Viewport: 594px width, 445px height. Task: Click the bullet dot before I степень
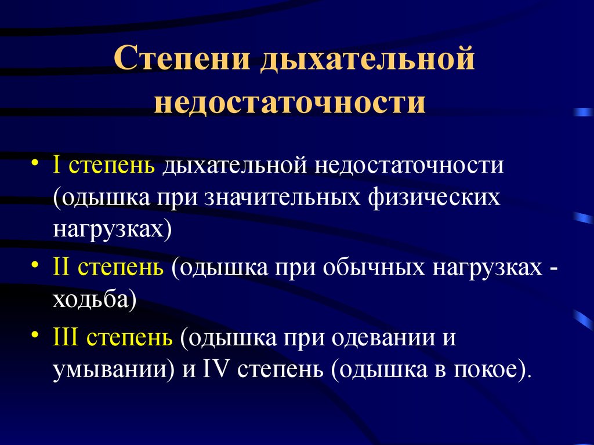click(35, 163)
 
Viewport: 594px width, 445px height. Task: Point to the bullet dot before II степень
click(35, 264)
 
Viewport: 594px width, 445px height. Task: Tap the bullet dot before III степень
click(35, 334)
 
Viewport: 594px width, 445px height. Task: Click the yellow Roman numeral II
click(61, 267)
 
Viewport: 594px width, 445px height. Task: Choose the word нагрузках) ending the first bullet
click(113, 229)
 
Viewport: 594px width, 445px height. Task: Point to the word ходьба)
click(95, 300)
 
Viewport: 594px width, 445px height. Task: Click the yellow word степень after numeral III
click(130, 338)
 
